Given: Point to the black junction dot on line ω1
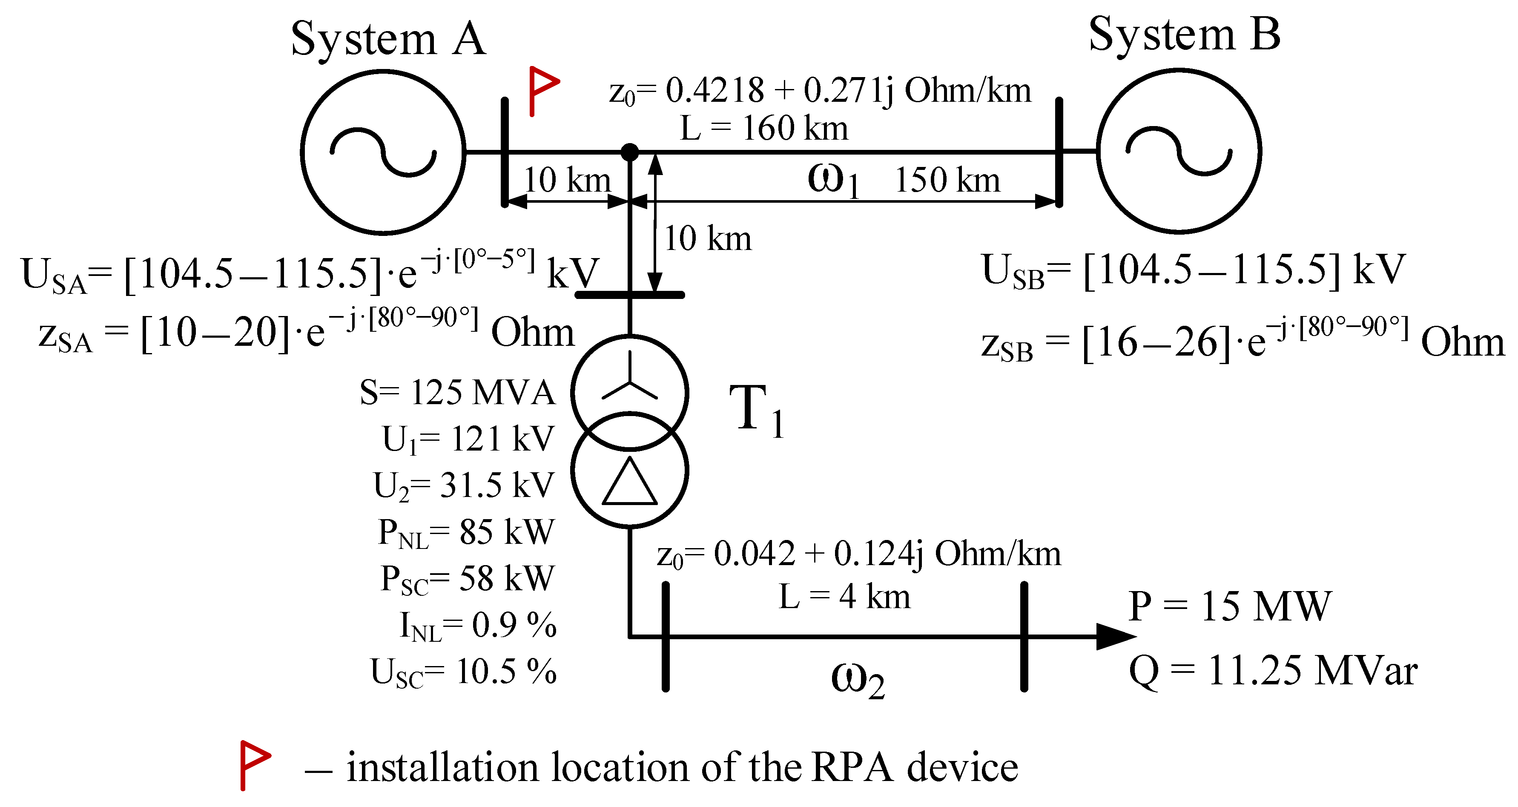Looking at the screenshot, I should point(630,152).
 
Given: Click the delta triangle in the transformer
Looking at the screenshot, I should point(629,483).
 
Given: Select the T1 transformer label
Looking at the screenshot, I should point(757,410).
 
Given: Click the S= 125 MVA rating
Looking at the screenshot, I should point(457,392).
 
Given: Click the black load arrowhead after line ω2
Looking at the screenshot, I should point(1114,637).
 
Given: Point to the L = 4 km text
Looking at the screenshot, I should point(844,597).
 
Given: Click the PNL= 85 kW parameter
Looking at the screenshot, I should point(465,532).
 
